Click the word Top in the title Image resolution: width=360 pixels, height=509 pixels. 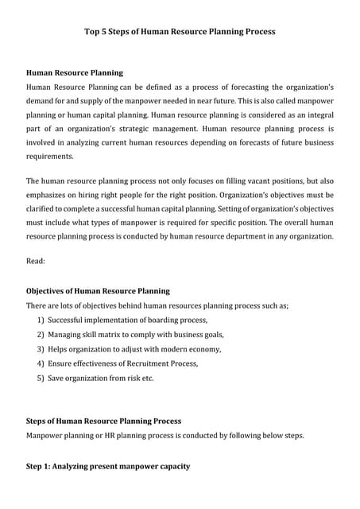(94, 33)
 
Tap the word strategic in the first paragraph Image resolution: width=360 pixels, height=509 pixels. (155, 128)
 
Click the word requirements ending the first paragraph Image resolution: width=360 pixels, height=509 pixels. (49, 157)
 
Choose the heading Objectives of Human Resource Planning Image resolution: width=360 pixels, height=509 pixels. (98, 291)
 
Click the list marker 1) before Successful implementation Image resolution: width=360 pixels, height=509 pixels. (41, 320)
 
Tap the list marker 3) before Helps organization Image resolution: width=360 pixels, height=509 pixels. (41, 348)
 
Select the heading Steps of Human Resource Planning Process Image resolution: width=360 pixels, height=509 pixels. (103, 421)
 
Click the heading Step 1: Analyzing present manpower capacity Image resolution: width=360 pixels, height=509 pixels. (108, 465)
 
